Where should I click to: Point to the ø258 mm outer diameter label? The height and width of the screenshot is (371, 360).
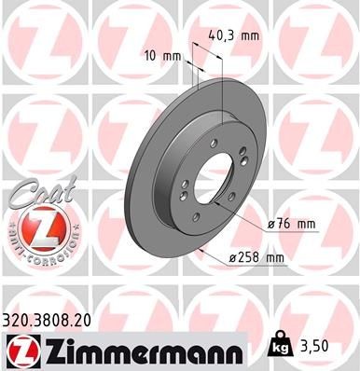[257, 258]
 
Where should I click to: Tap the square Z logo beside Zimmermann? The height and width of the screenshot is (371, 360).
[21, 350]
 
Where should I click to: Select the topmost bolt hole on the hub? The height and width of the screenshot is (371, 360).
[215, 143]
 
